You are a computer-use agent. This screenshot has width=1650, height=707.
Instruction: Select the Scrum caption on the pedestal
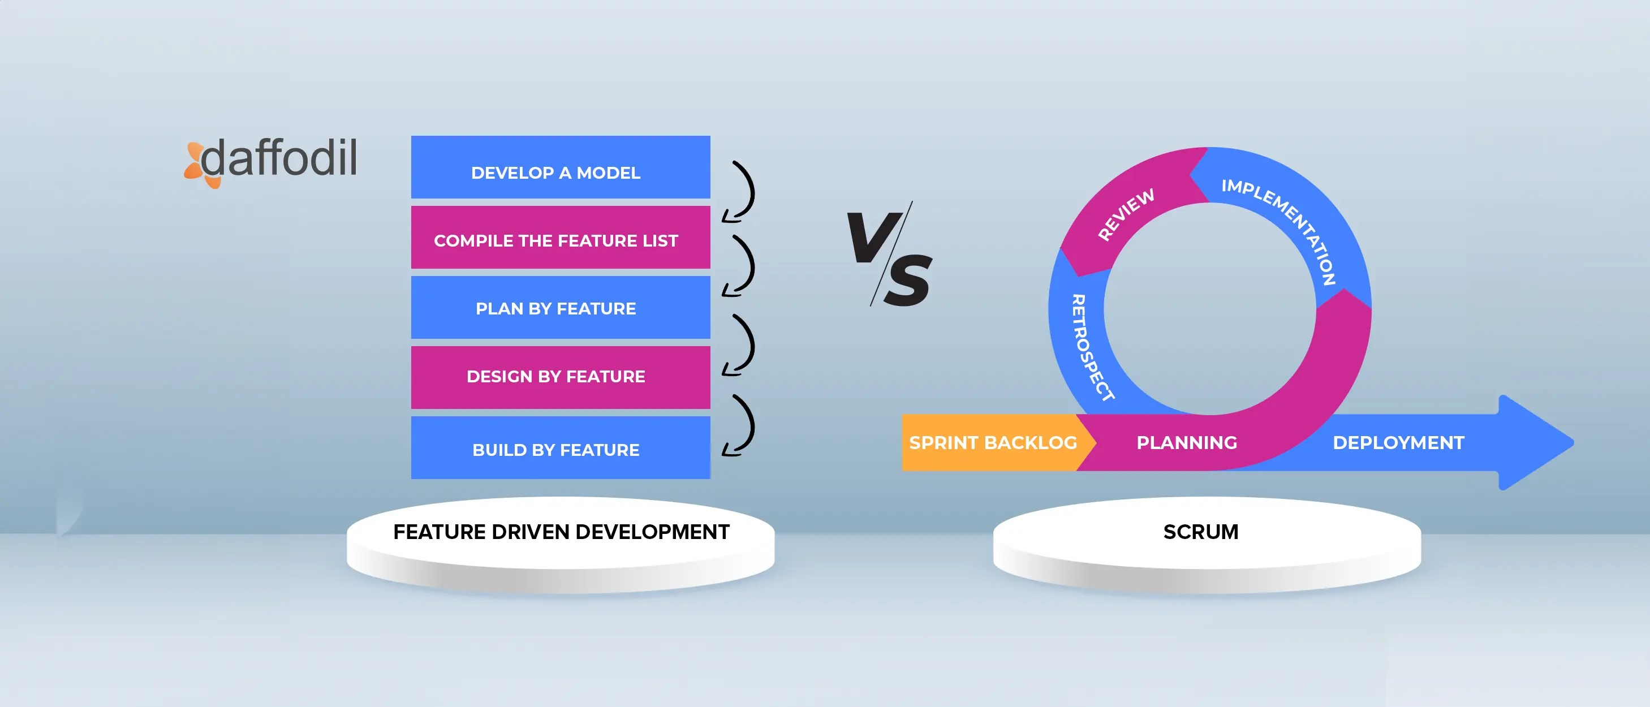point(1200,532)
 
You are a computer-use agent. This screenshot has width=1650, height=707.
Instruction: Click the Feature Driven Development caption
point(561,532)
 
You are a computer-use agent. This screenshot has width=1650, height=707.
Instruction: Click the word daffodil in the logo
point(279,158)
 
